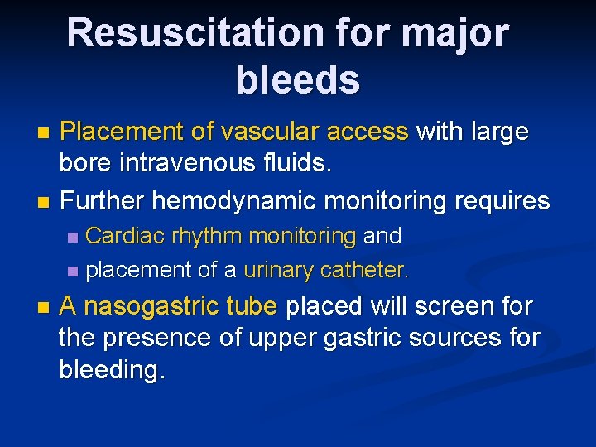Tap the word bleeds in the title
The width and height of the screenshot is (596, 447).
pyautogui.click(x=297, y=80)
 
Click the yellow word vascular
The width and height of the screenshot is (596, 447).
pyautogui.click(x=258, y=132)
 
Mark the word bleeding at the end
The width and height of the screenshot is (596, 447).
pyautogui.click(x=112, y=370)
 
